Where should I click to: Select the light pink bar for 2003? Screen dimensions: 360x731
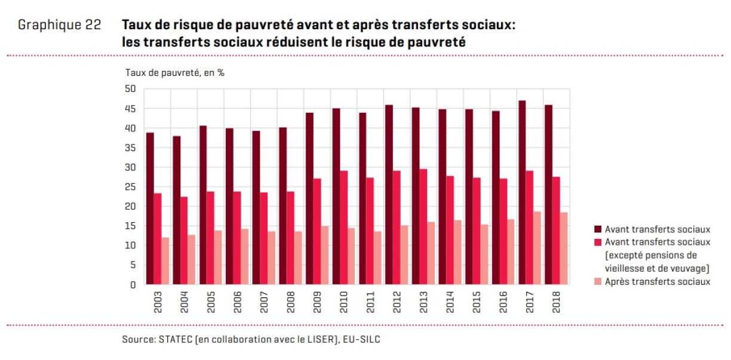coord(165,261)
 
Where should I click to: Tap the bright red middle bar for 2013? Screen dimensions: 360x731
coord(423,227)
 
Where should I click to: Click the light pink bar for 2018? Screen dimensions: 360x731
coord(564,248)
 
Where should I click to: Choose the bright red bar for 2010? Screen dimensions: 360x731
coord(344,227)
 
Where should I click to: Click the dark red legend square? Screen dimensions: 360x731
coord(597,229)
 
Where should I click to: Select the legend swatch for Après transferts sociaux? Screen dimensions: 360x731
coord(597,282)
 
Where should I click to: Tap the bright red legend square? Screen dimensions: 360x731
coord(597,242)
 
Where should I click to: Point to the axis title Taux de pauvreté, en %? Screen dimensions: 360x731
coord(174,73)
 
